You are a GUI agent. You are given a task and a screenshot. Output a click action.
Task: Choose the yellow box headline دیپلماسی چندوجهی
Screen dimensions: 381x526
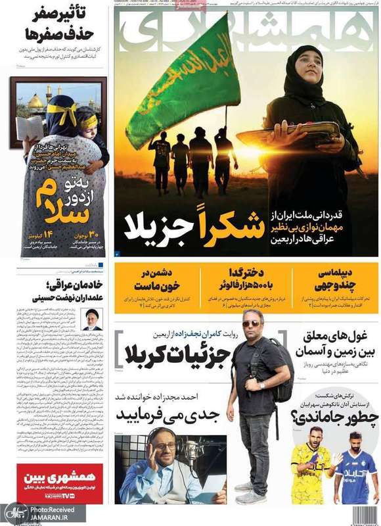[x=335, y=279]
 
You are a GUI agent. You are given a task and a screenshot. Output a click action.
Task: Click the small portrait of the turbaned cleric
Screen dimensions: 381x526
[x=91, y=319]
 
